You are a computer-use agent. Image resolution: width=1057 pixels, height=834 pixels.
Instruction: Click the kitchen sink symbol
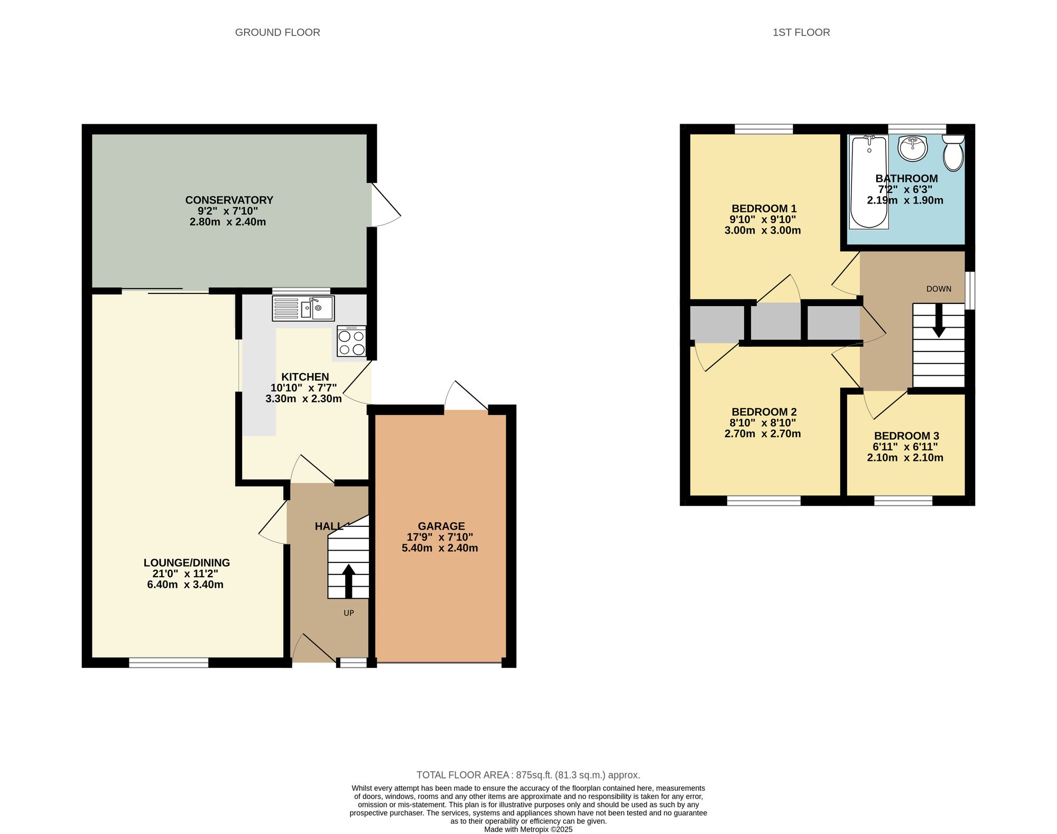[x=303, y=308]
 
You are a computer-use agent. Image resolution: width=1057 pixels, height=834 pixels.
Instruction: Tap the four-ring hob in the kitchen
[x=351, y=341]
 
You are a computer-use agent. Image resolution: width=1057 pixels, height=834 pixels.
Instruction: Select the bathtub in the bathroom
[x=869, y=182]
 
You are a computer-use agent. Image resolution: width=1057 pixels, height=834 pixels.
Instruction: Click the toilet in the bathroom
[x=953, y=153]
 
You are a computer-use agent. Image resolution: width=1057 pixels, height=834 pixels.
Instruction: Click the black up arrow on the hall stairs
[x=348, y=581]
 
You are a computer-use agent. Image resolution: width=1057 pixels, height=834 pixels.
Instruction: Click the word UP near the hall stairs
[x=349, y=613]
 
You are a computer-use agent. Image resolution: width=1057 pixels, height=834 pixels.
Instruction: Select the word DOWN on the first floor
[x=939, y=289]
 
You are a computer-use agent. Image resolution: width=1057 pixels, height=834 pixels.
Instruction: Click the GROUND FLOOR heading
[x=277, y=32]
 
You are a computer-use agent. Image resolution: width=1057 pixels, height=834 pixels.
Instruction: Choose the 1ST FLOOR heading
[x=801, y=32]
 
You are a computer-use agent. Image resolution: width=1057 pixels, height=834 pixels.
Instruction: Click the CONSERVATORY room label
[x=229, y=200]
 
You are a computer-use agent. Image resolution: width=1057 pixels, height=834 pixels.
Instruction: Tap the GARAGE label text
[x=441, y=526]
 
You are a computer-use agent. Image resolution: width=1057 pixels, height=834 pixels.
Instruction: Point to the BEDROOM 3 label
[x=906, y=436]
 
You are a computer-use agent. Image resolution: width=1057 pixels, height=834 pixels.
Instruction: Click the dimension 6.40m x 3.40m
[x=185, y=585]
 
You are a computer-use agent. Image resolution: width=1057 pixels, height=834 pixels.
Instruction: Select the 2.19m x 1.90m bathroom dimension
[x=905, y=200]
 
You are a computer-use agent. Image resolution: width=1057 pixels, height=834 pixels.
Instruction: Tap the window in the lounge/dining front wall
[x=169, y=662]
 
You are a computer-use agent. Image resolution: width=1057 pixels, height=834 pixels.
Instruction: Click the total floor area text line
[x=528, y=775]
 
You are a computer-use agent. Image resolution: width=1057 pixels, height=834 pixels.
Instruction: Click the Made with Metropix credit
[x=528, y=829]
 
